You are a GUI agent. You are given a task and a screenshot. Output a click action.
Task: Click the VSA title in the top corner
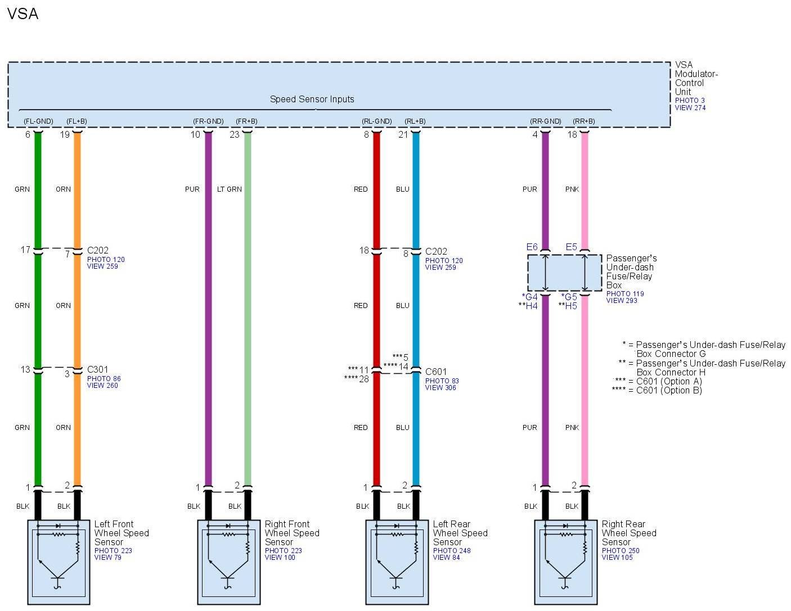(23, 13)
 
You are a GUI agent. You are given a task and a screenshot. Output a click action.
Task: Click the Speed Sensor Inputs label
(312, 99)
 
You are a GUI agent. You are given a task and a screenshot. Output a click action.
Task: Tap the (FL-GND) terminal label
(38, 121)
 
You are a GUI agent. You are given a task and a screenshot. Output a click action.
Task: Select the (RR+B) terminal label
(583, 121)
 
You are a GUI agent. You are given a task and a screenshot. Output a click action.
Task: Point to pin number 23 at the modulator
(235, 135)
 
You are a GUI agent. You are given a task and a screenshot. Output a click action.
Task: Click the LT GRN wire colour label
(230, 189)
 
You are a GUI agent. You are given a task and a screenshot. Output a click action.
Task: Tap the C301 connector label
(98, 370)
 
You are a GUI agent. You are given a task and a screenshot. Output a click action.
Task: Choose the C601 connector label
(436, 372)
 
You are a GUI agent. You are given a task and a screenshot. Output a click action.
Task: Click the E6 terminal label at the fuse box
(532, 247)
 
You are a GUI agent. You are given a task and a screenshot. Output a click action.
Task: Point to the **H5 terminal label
(568, 306)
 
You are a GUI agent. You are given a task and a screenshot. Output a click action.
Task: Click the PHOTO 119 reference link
(625, 294)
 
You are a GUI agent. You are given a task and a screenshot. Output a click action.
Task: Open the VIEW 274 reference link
(690, 108)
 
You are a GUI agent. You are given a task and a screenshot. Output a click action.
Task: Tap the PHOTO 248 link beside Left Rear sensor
(452, 551)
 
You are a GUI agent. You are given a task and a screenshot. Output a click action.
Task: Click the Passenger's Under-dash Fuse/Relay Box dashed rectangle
(564, 273)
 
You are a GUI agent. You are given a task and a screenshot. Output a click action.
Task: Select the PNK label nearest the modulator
(572, 189)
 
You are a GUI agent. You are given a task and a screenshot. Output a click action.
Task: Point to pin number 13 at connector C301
(25, 370)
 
